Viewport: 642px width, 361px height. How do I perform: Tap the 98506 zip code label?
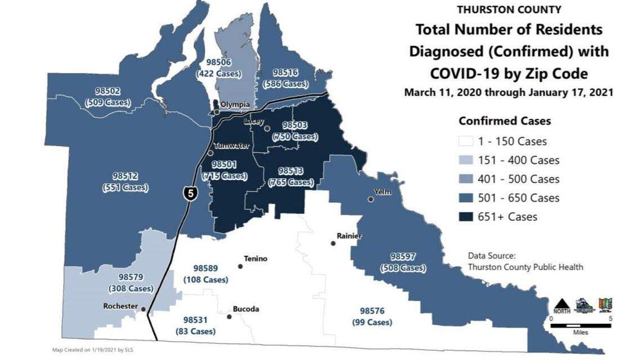tap(217, 63)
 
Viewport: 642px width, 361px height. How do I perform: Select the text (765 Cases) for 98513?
tap(291, 182)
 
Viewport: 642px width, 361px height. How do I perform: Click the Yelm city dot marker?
tap(371, 199)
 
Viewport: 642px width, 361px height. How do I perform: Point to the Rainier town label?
tap(349, 236)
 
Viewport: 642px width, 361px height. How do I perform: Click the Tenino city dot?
tap(240, 266)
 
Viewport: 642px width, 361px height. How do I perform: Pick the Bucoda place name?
tap(246, 309)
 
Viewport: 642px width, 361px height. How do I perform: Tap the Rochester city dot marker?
tap(144, 309)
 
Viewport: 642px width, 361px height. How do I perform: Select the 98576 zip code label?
tap(372, 311)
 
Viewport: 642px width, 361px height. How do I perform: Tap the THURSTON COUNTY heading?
tap(509, 10)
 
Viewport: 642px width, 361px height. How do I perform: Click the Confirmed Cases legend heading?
tap(505, 121)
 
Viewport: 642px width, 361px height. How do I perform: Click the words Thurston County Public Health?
tap(525, 267)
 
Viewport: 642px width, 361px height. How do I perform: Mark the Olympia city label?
tap(234, 105)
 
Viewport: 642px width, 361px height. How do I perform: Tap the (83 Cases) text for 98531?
tap(195, 332)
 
